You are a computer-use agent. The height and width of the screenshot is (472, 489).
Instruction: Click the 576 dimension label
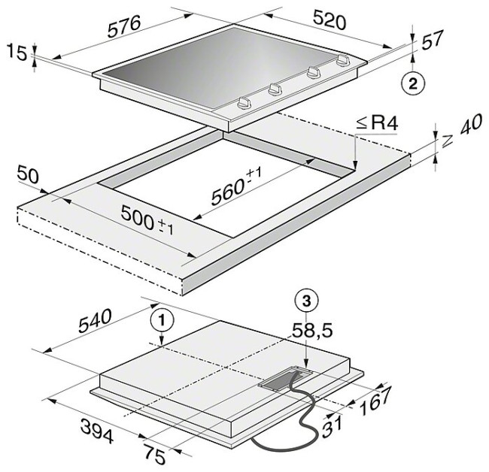tap(125, 26)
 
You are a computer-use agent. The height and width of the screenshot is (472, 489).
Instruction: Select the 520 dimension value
tap(330, 20)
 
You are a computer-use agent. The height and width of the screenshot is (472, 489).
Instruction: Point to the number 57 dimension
tap(433, 40)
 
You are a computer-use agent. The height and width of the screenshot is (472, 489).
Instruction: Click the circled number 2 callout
tap(413, 83)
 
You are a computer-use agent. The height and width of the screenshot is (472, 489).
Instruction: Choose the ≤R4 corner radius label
tap(378, 123)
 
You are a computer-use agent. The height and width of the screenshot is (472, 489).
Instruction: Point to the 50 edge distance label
tap(28, 175)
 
